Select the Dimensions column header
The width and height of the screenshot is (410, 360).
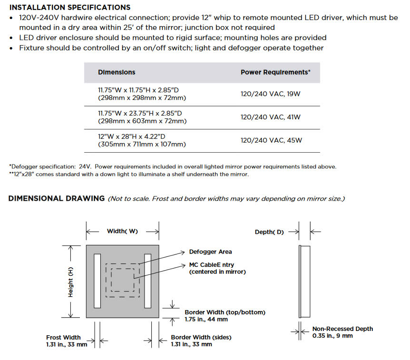(x=117, y=72)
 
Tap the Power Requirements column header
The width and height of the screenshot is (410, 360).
(x=275, y=72)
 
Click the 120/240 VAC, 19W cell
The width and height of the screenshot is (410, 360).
(x=271, y=94)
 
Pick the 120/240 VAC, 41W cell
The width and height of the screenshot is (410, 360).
(x=271, y=117)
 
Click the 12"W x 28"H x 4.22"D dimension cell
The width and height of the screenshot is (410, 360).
(x=142, y=140)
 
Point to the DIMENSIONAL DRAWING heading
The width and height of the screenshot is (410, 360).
(x=57, y=198)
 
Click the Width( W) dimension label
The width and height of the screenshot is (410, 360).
(x=122, y=231)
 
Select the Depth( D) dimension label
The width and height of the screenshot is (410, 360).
(x=269, y=232)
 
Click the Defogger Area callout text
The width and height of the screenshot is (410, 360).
(x=210, y=252)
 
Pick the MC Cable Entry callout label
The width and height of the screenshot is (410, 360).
(x=212, y=268)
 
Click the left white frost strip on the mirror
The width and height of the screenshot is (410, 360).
(x=98, y=281)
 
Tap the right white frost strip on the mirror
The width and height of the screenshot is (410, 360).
(x=147, y=281)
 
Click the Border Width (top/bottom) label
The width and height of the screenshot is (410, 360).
(x=225, y=316)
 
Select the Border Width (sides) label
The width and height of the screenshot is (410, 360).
(x=201, y=341)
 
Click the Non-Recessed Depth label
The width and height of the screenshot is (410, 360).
(x=342, y=332)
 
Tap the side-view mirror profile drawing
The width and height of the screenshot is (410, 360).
(x=304, y=281)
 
